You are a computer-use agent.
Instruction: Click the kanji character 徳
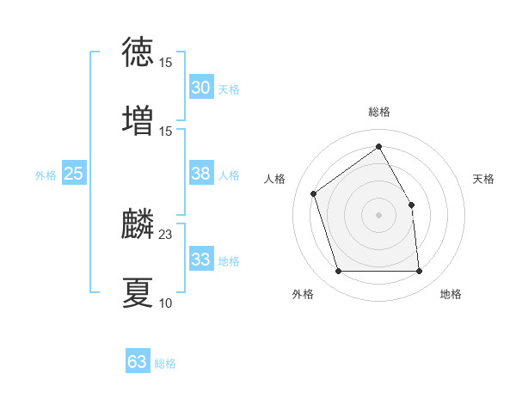pyautogui.click(x=138, y=52)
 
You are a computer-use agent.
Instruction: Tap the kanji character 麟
pyautogui.click(x=138, y=226)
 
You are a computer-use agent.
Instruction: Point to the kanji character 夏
pyautogui.click(x=138, y=292)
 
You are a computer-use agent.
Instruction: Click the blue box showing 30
pyautogui.click(x=200, y=88)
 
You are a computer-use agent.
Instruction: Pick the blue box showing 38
pyautogui.click(x=200, y=174)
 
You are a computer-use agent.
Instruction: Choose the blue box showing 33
pyautogui.click(x=200, y=260)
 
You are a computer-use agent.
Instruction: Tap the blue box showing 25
pyautogui.click(x=74, y=174)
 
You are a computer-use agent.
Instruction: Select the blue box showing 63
pyautogui.click(x=138, y=362)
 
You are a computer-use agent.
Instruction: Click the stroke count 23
pyautogui.click(x=166, y=235)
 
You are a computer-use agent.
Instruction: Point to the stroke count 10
pyautogui.click(x=166, y=303)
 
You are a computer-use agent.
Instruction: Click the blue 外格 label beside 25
pyautogui.click(x=46, y=175)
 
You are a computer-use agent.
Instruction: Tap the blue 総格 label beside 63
pyautogui.click(x=165, y=364)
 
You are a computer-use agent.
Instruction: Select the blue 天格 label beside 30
pyautogui.click(x=229, y=89)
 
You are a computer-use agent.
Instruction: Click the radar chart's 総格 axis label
pyautogui.click(x=379, y=112)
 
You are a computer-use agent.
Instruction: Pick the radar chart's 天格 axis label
pyautogui.click(x=483, y=179)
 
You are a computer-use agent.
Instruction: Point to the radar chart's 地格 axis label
pyautogui.click(x=451, y=294)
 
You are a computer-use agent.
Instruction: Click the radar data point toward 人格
pyautogui.click(x=314, y=193)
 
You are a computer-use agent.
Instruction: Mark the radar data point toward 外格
pyautogui.click(x=338, y=272)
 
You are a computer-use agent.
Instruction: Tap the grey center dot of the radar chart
pyautogui.click(x=379, y=215)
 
